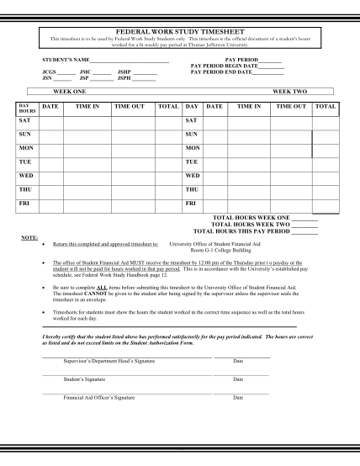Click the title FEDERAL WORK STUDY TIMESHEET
pos(179,30)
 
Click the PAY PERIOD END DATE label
pos(220,72)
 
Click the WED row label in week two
pos(192,175)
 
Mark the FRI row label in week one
pos(25,203)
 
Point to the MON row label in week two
pos(193,148)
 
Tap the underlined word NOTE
pos(29,237)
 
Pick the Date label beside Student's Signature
pos(239,379)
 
